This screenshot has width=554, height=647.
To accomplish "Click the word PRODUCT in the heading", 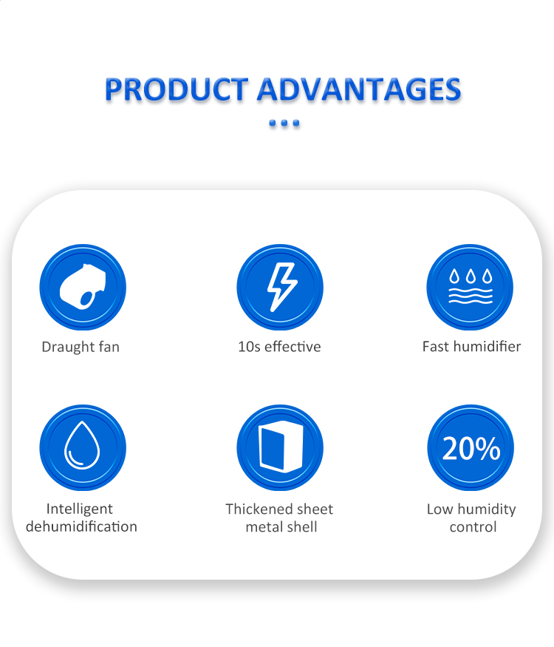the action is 177,89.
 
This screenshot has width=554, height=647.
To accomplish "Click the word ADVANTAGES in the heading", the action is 359,89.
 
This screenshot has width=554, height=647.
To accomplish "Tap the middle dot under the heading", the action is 284,123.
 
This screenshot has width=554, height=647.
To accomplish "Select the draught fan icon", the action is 83,287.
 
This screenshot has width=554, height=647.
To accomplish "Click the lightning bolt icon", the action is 280,287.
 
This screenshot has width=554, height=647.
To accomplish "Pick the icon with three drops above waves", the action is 470,287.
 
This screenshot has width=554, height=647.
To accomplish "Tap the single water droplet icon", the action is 83,447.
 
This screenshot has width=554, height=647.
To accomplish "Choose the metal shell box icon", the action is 280,447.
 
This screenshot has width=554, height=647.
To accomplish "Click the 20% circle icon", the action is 471,447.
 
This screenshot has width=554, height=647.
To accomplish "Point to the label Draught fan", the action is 81,347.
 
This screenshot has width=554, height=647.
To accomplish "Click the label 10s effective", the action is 279,347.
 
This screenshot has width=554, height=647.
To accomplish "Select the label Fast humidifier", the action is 471,347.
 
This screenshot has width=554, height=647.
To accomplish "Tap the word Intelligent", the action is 80,509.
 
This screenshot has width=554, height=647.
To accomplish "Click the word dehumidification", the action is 81,526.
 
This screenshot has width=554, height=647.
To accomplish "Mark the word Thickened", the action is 256,509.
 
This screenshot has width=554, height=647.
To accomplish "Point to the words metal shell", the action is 281,527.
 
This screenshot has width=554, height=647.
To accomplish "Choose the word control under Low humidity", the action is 473,527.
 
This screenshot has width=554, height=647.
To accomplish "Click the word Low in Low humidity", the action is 440,509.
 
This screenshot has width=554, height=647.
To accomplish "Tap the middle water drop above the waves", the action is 471,276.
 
